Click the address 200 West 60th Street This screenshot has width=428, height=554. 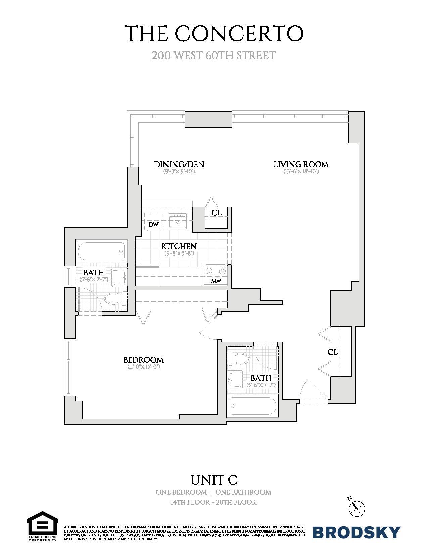coord(214,55)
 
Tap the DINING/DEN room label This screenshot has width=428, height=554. coord(179,164)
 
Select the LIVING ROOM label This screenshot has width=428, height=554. coord(301,164)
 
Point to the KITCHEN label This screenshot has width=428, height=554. coord(179,246)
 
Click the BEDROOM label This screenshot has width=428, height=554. coord(143,360)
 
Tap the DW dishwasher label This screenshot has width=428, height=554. coord(153,224)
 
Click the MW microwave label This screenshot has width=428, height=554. coord(216,281)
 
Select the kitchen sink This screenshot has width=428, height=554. coord(177,222)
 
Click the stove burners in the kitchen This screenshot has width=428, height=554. coord(216,270)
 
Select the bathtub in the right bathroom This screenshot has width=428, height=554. coord(253,407)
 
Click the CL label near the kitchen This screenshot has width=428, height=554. coord(217,213)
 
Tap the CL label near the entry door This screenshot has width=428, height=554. coord(333,352)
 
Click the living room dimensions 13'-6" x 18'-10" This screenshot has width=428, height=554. coord(301,172)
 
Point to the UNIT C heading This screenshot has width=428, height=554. coord(214,480)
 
